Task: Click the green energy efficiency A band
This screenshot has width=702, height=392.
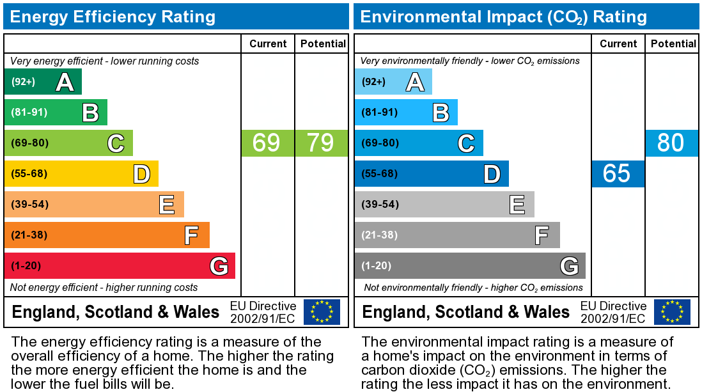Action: pyautogui.click(x=43, y=82)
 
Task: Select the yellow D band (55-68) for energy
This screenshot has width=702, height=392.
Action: pyautogui.click(x=81, y=174)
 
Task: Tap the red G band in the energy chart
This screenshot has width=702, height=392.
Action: pyautogui.click(x=120, y=266)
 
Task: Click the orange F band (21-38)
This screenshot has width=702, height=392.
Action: pyautogui.click(x=107, y=235)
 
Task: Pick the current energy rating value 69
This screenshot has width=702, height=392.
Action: pyautogui.click(x=267, y=143)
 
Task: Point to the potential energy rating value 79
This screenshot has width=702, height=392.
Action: pyautogui.click(x=320, y=143)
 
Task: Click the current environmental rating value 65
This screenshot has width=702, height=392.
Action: pyautogui.click(x=617, y=173)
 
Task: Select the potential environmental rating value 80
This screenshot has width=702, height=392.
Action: pyautogui.click(x=671, y=143)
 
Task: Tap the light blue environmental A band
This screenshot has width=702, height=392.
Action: pyautogui.click(x=393, y=82)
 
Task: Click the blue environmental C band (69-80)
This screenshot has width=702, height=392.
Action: pyautogui.click(x=419, y=143)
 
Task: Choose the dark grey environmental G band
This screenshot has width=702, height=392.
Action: pyautogui.click(x=470, y=266)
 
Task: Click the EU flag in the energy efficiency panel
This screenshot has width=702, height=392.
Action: pyautogui.click(x=322, y=311)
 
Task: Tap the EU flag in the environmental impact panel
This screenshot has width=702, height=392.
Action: pyautogui.click(x=672, y=311)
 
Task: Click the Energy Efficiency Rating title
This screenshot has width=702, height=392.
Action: pyautogui.click(x=113, y=17)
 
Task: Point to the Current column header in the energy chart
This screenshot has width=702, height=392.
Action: pyautogui.click(x=268, y=43)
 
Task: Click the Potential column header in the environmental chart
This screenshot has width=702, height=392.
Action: pyautogui.click(x=673, y=43)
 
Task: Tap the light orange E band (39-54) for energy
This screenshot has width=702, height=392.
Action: pyautogui.click(x=94, y=205)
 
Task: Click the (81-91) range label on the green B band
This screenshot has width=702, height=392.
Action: pyautogui.click(x=29, y=113)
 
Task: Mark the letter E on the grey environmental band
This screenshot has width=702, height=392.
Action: pyautogui.click(x=517, y=205)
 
